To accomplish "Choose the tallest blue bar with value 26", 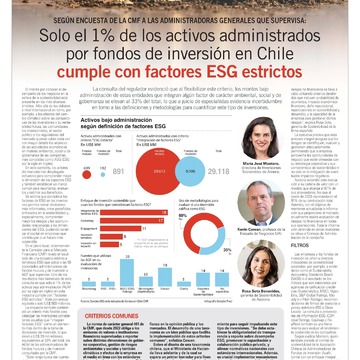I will [141, 271].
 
